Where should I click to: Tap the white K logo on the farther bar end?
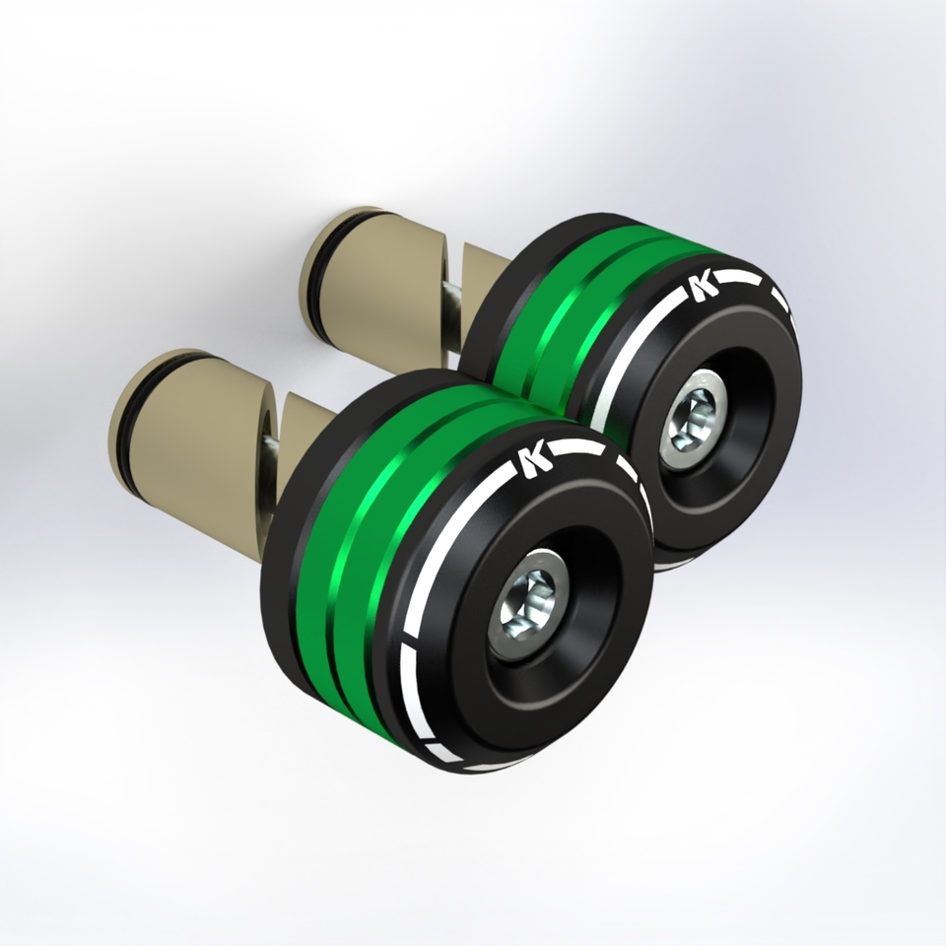pos(703,286)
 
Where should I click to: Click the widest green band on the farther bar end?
pos(522,345)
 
